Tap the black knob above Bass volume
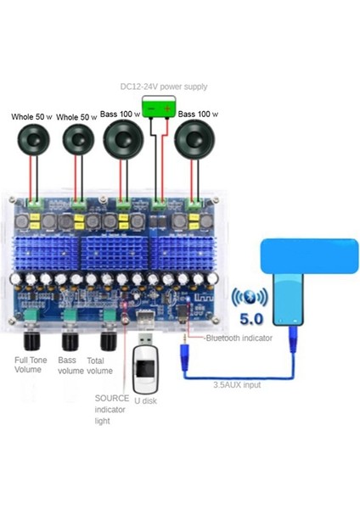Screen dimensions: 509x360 (x=71, y=342)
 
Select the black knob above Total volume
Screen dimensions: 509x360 (x=108, y=342)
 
